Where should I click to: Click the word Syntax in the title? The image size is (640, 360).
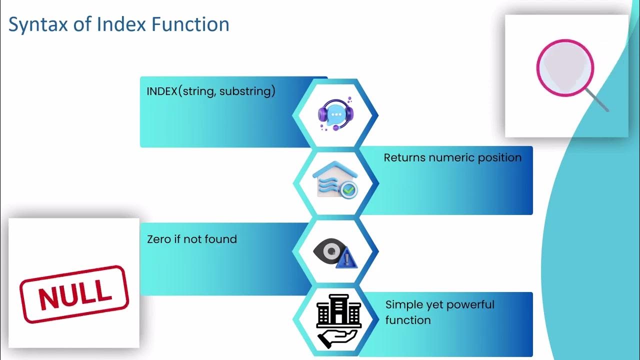pyautogui.click(x=35, y=24)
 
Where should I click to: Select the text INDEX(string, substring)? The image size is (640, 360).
pyautogui.click(x=210, y=91)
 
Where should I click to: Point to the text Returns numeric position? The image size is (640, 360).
pyautogui.click(x=452, y=157)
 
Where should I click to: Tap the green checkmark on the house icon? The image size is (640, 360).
pyautogui.click(x=348, y=189)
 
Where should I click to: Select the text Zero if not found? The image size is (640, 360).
pyautogui.click(x=191, y=239)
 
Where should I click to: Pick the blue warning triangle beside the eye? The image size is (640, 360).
pyautogui.click(x=347, y=258)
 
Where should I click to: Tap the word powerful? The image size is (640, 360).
pyautogui.click(x=470, y=304)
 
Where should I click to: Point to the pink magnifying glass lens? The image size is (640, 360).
pyautogui.click(x=565, y=67)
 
